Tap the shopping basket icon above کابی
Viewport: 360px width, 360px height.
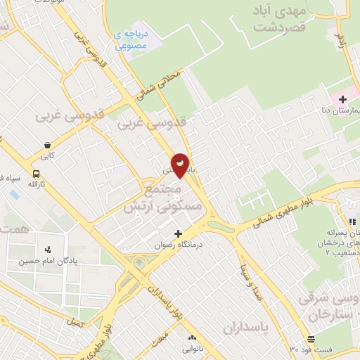pyautogui.click(x=46, y=145)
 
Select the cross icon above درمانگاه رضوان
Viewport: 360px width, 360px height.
pyautogui.click(x=178, y=233)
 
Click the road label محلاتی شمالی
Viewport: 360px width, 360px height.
pyautogui.click(x=158, y=87)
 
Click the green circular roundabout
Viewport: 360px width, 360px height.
pyautogui.click(x=139, y=263)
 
